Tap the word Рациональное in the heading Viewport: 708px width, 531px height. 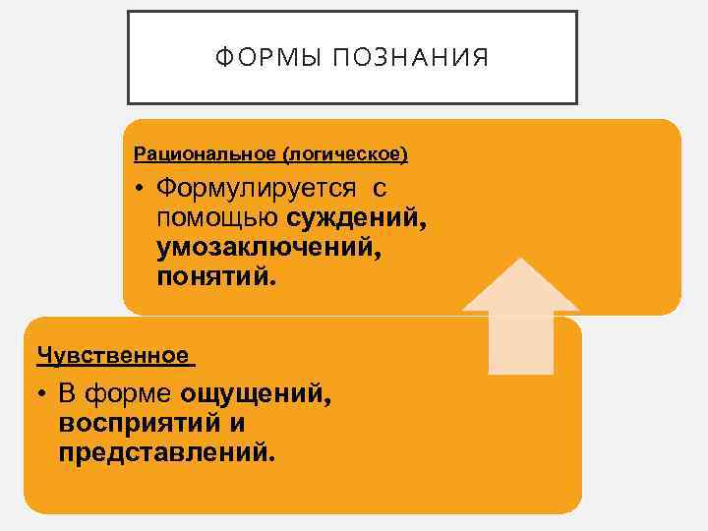tap(205, 154)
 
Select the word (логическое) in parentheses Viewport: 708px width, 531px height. tap(344, 154)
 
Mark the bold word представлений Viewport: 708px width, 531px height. tap(167, 453)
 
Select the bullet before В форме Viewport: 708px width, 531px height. tap(45, 396)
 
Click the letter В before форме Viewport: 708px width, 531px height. tap(67, 395)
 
